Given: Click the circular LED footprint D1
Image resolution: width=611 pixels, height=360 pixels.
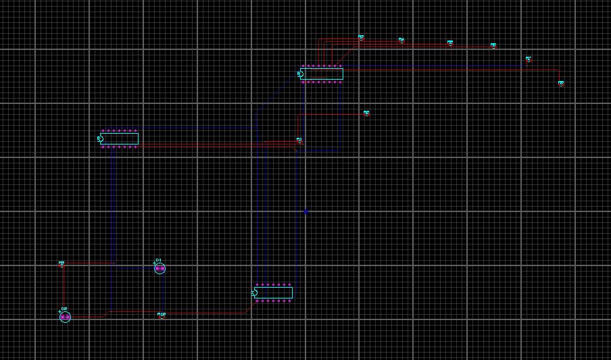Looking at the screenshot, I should [x=160, y=269].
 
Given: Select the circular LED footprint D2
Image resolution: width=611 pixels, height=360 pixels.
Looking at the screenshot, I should [x=65, y=317].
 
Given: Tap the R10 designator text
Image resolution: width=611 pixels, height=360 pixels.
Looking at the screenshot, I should [x=162, y=314].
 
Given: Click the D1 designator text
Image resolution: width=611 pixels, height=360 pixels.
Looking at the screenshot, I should [x=158, y=260].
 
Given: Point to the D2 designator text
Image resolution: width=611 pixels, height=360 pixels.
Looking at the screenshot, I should [x=64, y=309].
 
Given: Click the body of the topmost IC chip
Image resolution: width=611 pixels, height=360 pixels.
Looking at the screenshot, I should [x=323, y=74].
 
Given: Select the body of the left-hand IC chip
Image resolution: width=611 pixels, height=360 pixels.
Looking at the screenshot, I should [x=120, y=139].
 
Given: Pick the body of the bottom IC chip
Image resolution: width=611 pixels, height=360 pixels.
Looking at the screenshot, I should [x=274, y=292].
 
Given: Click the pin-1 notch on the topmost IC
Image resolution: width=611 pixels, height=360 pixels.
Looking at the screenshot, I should [x=301, y=74].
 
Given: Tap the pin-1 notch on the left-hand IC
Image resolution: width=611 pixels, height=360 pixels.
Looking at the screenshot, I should [x=100, y=139].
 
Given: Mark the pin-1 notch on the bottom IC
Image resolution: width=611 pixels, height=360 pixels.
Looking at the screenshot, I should [x=255, y=292].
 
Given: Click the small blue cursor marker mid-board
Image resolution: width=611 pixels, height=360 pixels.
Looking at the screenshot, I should [x=305, y=211].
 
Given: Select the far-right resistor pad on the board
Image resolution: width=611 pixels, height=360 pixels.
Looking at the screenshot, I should [x=561, y=84].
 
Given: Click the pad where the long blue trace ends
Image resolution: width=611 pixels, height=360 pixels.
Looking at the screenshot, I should [x=529, y=59].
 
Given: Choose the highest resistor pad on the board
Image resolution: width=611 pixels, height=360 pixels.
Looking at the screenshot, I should [x=361, y=38].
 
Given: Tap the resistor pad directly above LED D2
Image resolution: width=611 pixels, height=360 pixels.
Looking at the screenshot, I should [x=62, y=264].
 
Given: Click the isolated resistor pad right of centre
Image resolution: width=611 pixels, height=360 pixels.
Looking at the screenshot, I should [x=366, y=113].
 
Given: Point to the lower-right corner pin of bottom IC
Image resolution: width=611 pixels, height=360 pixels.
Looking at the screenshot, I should [x=290, y=301].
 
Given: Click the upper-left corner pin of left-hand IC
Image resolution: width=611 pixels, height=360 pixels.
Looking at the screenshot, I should [x=103, y=131].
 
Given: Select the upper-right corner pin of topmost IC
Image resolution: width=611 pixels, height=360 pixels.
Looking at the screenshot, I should [x=340, y=66].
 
